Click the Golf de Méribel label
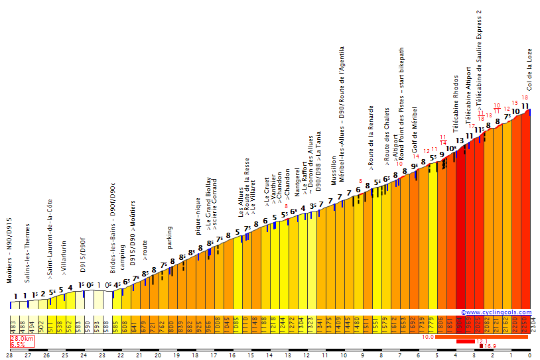tap(415, 133)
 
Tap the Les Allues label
tap(241, 203)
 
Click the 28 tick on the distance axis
tap(9, 355)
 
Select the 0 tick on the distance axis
tap(529, 355)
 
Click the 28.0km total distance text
tap(21, 339)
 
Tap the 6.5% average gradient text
tap(19, 345)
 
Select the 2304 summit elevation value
tap(533, 326)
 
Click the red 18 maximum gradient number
tap(525, 98)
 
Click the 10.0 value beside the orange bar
tap(428, 337)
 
